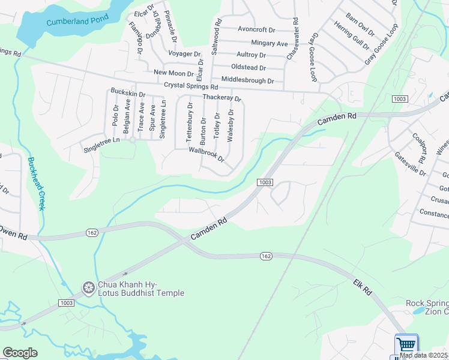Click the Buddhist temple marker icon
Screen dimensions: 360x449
[x=89, y=288]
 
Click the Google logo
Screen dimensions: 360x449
[x=20, y=353]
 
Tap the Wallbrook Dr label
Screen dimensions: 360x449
[x=206, y=155]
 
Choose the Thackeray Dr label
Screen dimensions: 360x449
[x=221, y=98]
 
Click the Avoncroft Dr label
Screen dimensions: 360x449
[x=256, y=29]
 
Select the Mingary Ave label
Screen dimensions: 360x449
[x=270, y=43]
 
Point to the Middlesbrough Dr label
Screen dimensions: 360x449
[x=247, y=80]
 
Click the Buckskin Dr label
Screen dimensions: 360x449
[x=128, y=94]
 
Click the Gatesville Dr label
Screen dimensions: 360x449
[x=410, y=164]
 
